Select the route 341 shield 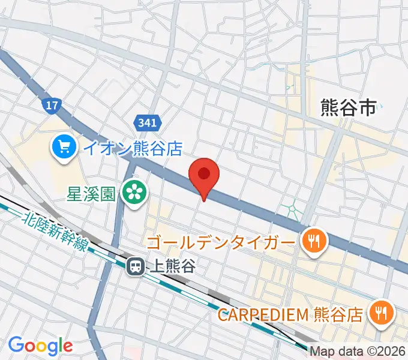[148, 123]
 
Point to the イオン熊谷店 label [131, 148]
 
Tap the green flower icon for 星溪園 [134, 192]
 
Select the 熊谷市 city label [349, 107]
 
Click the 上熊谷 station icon [135, 266]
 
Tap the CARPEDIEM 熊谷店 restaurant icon [380, 312]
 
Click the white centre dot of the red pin [204, 173]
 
